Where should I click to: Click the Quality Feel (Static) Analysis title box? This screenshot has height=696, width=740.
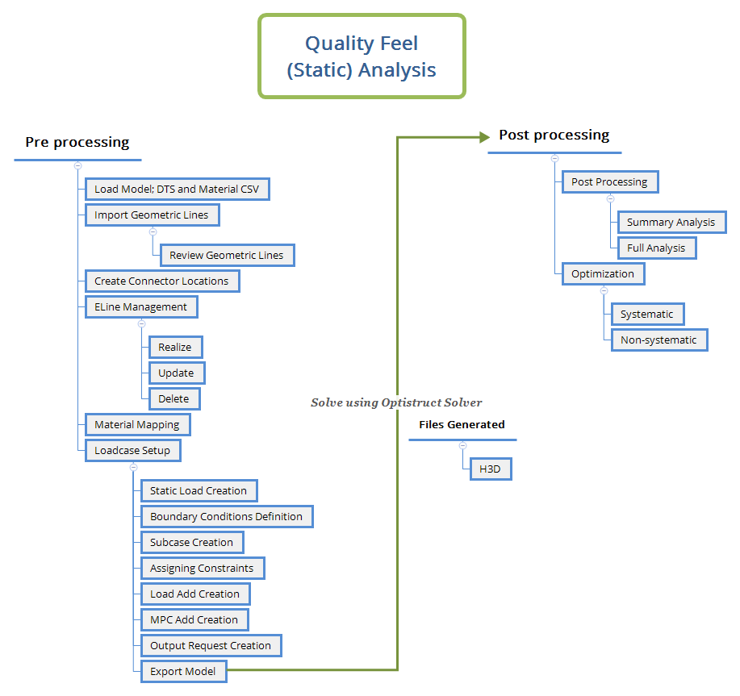tap(362, 56)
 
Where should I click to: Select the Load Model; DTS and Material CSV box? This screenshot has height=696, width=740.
tap(177, 190)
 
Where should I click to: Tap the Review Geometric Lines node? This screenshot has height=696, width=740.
tap(227, 255)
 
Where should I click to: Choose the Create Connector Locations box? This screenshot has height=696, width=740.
tap(161, 281)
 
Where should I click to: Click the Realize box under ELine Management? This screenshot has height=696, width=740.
tap(175, 347)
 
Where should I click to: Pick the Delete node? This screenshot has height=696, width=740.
tap(174, 398)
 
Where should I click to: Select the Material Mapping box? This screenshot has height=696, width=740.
tap(137, 424)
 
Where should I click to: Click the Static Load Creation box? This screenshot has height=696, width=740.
tap(199, 490)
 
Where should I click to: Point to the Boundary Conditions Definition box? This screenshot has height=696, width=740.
tap(226, 516)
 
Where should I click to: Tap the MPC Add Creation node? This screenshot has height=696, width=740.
tap(194, 619)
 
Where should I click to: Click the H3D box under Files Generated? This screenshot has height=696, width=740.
tap(491, 469)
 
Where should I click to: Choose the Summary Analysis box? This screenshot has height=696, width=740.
tap(671, 222)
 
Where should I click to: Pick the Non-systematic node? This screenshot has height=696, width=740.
tap(658, 340)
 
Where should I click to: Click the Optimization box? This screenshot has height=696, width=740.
tap(603, 273)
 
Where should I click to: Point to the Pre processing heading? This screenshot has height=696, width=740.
tap(77, 142)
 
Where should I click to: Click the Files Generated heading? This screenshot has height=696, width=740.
tap(462, 424)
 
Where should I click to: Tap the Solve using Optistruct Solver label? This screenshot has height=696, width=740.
tap(396, 402)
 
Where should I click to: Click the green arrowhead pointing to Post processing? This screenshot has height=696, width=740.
tap(484, 137)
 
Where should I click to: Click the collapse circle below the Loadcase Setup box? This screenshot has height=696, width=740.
tap(133, 467)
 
